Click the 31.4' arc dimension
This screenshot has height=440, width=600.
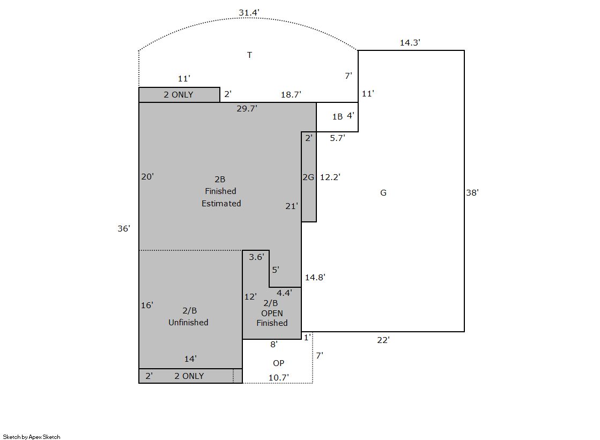tap(249, 13)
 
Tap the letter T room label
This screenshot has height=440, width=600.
tap(249, 55)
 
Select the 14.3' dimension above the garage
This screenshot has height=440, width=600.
tap(410, 42)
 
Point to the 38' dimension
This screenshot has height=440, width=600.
tap(472, 193)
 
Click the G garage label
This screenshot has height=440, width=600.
tap(383, 193)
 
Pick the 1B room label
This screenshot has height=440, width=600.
tap(337, 117)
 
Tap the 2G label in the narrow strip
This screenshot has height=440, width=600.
tap(308, 177)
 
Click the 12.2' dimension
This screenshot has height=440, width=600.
tap(330, 177)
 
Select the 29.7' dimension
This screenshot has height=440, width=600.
tap(247, 109)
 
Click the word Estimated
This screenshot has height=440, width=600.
tap(221, 204)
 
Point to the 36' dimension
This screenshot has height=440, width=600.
tap(124, 228)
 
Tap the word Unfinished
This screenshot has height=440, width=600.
tap(188, 323)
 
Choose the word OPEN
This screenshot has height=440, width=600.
tap(272, 314)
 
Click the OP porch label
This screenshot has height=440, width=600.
tap(279, 363)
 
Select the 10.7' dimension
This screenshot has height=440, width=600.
tap(279, 378)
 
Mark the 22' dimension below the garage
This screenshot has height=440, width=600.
tap(383, 340)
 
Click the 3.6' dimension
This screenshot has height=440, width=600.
tap(256, 257)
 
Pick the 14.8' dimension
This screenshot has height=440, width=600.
tap(315, 278)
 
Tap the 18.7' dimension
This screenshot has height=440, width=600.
tap(291, 94)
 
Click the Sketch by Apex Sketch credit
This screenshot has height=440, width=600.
tap(32, 437)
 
